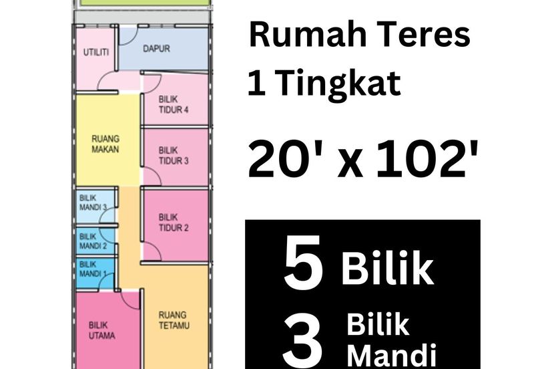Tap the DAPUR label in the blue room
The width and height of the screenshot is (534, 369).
pyautogui.click(x=156, y=49)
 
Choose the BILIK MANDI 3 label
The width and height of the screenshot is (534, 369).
pyautogui.click(x=93, y=202)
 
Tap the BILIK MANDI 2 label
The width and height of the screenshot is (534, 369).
pyautogui.click(x=92, y=240)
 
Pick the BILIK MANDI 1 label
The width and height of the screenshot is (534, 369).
pyautogui.click(x=92, y=269)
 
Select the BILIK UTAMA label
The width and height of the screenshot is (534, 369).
pyautogui.click(x=101, y=330)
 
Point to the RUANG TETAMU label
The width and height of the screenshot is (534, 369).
pyautogui.click(x=173, y=319)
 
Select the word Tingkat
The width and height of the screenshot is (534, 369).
pyautogui.click(x=338, y=84)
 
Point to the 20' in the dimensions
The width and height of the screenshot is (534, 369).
pyautogui.click(x=275, y=164)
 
